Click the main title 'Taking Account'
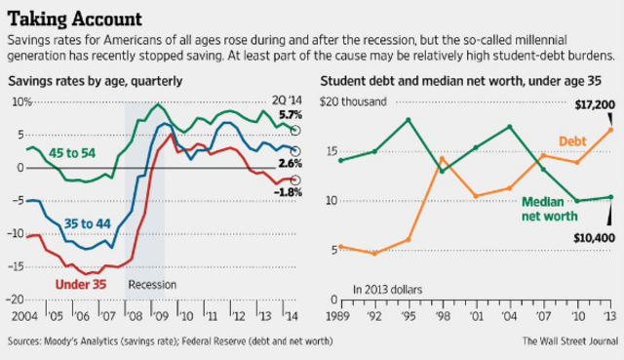[72, 18]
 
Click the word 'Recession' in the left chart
[152, 286]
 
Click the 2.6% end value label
[291, 163]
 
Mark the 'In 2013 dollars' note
[388, 288]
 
